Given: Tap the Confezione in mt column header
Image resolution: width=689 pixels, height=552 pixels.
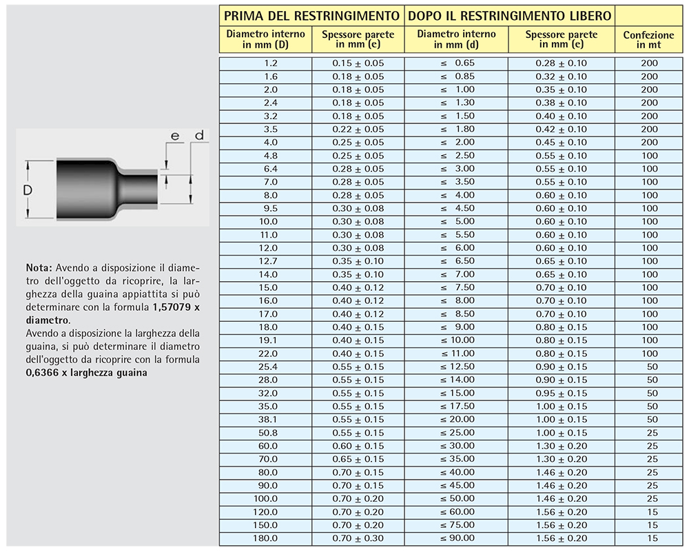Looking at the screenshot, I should [648, 40].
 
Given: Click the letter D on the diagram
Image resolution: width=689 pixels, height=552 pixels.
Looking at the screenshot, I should [28, 190].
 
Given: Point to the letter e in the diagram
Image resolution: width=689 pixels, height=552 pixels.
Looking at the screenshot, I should [175, 136].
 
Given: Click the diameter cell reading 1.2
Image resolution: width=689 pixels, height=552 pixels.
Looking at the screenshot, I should [271, 63].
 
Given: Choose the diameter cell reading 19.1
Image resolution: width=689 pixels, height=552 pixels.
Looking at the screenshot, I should [270, 340].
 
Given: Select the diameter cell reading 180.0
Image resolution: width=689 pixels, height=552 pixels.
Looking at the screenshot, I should [270, 538].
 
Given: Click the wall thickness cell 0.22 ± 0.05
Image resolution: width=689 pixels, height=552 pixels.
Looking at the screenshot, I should [358, 130].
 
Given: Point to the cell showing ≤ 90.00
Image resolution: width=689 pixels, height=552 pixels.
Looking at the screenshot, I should [457, 538].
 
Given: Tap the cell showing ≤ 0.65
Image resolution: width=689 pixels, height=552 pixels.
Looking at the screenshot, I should [457, 63].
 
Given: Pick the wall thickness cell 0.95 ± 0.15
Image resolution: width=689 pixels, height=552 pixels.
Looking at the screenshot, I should [562, 393].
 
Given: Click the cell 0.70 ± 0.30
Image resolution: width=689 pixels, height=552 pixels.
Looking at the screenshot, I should [358, 538].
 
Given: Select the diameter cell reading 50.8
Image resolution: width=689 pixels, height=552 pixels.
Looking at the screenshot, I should [270, 433].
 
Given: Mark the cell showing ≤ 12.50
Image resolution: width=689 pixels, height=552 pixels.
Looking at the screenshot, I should [457, 367].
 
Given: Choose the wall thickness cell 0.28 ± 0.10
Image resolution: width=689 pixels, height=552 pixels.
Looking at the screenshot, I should [562, 63].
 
